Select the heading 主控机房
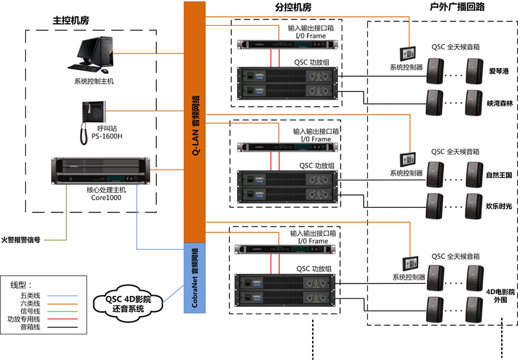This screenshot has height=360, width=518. point(71,21)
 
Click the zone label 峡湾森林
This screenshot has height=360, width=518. point(499,103)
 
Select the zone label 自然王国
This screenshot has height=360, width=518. point(499,175)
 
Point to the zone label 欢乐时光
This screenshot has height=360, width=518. point(499,205)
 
